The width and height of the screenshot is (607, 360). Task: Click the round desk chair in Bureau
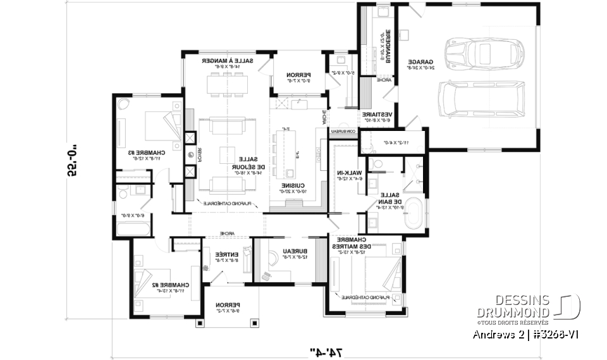271,259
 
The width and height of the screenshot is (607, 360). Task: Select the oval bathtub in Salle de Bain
414,214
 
